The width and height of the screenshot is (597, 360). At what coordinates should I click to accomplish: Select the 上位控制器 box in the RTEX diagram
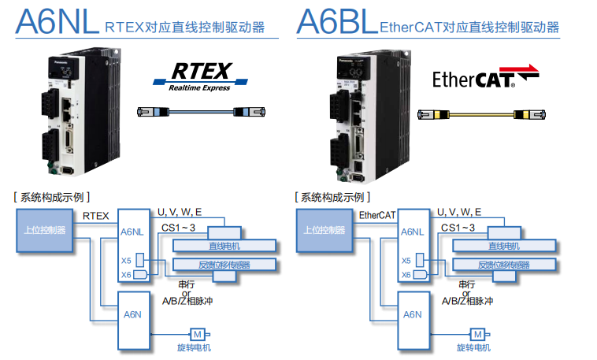coord(43,230)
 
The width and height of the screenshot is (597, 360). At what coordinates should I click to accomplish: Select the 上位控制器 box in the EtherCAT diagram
coord(324,230)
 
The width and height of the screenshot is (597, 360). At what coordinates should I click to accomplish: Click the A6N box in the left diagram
coord(132,315)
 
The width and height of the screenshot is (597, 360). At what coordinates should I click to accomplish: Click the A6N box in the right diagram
coord(413,315)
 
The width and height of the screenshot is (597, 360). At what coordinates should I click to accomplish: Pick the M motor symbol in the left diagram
coord(198,334)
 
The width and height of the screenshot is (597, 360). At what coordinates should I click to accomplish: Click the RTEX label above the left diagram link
coord(96,214)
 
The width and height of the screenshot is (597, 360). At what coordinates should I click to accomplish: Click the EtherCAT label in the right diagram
coord(376,214)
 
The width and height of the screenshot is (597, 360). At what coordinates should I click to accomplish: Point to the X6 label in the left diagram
coord(126,274)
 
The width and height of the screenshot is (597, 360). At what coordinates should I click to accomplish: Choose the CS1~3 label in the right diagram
coord(458,228)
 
